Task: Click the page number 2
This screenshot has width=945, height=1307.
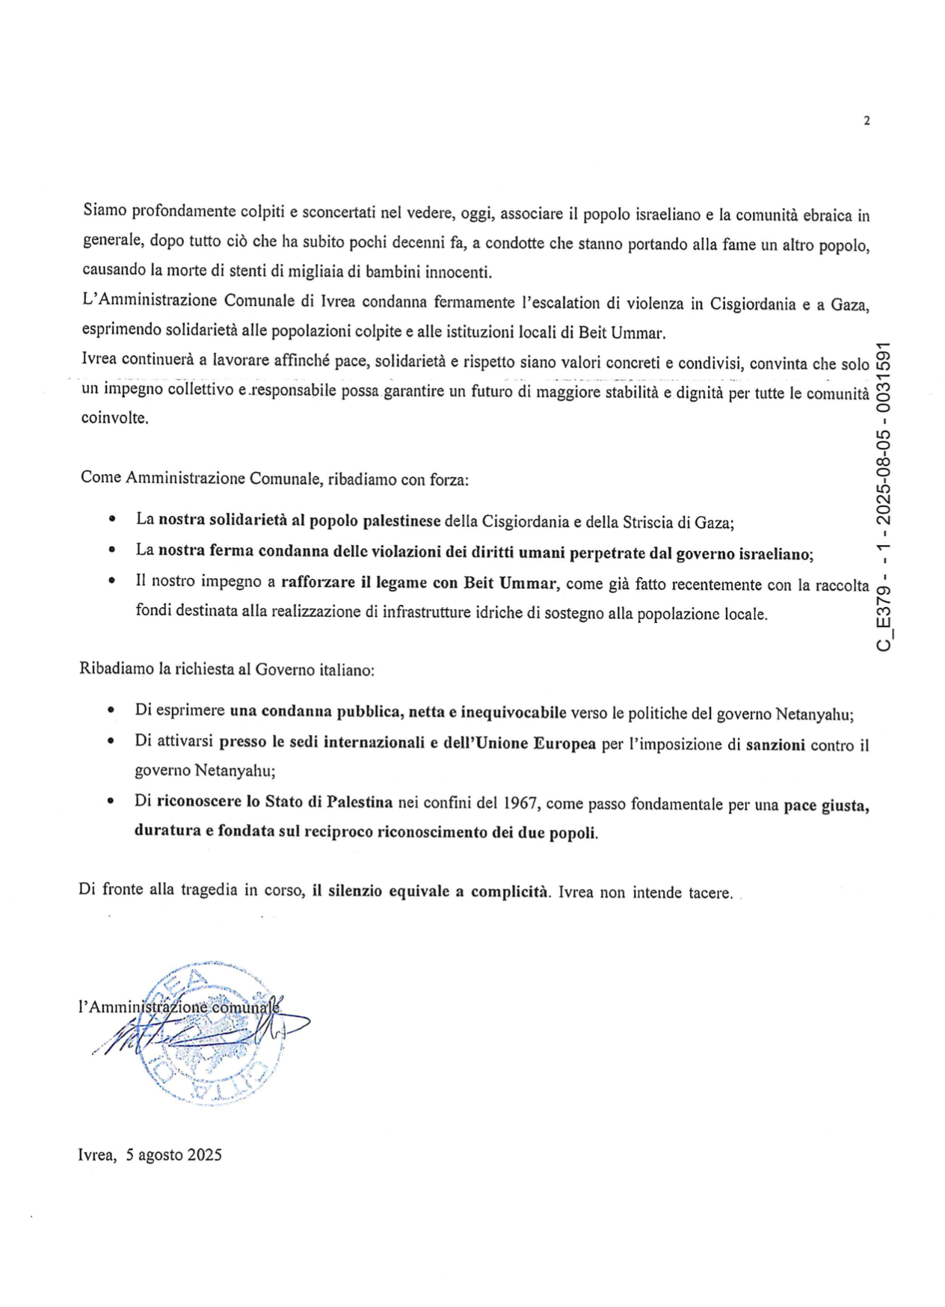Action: click(866, 121)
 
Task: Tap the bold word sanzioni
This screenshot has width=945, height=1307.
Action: click(775, 745)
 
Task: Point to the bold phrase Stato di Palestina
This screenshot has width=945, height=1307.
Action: click(329, 802)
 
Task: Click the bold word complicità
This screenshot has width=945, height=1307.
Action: click(509, 891)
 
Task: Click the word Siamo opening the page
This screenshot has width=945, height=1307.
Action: click(105, 211)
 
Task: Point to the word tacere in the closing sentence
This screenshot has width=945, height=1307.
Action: click(709, 893)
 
